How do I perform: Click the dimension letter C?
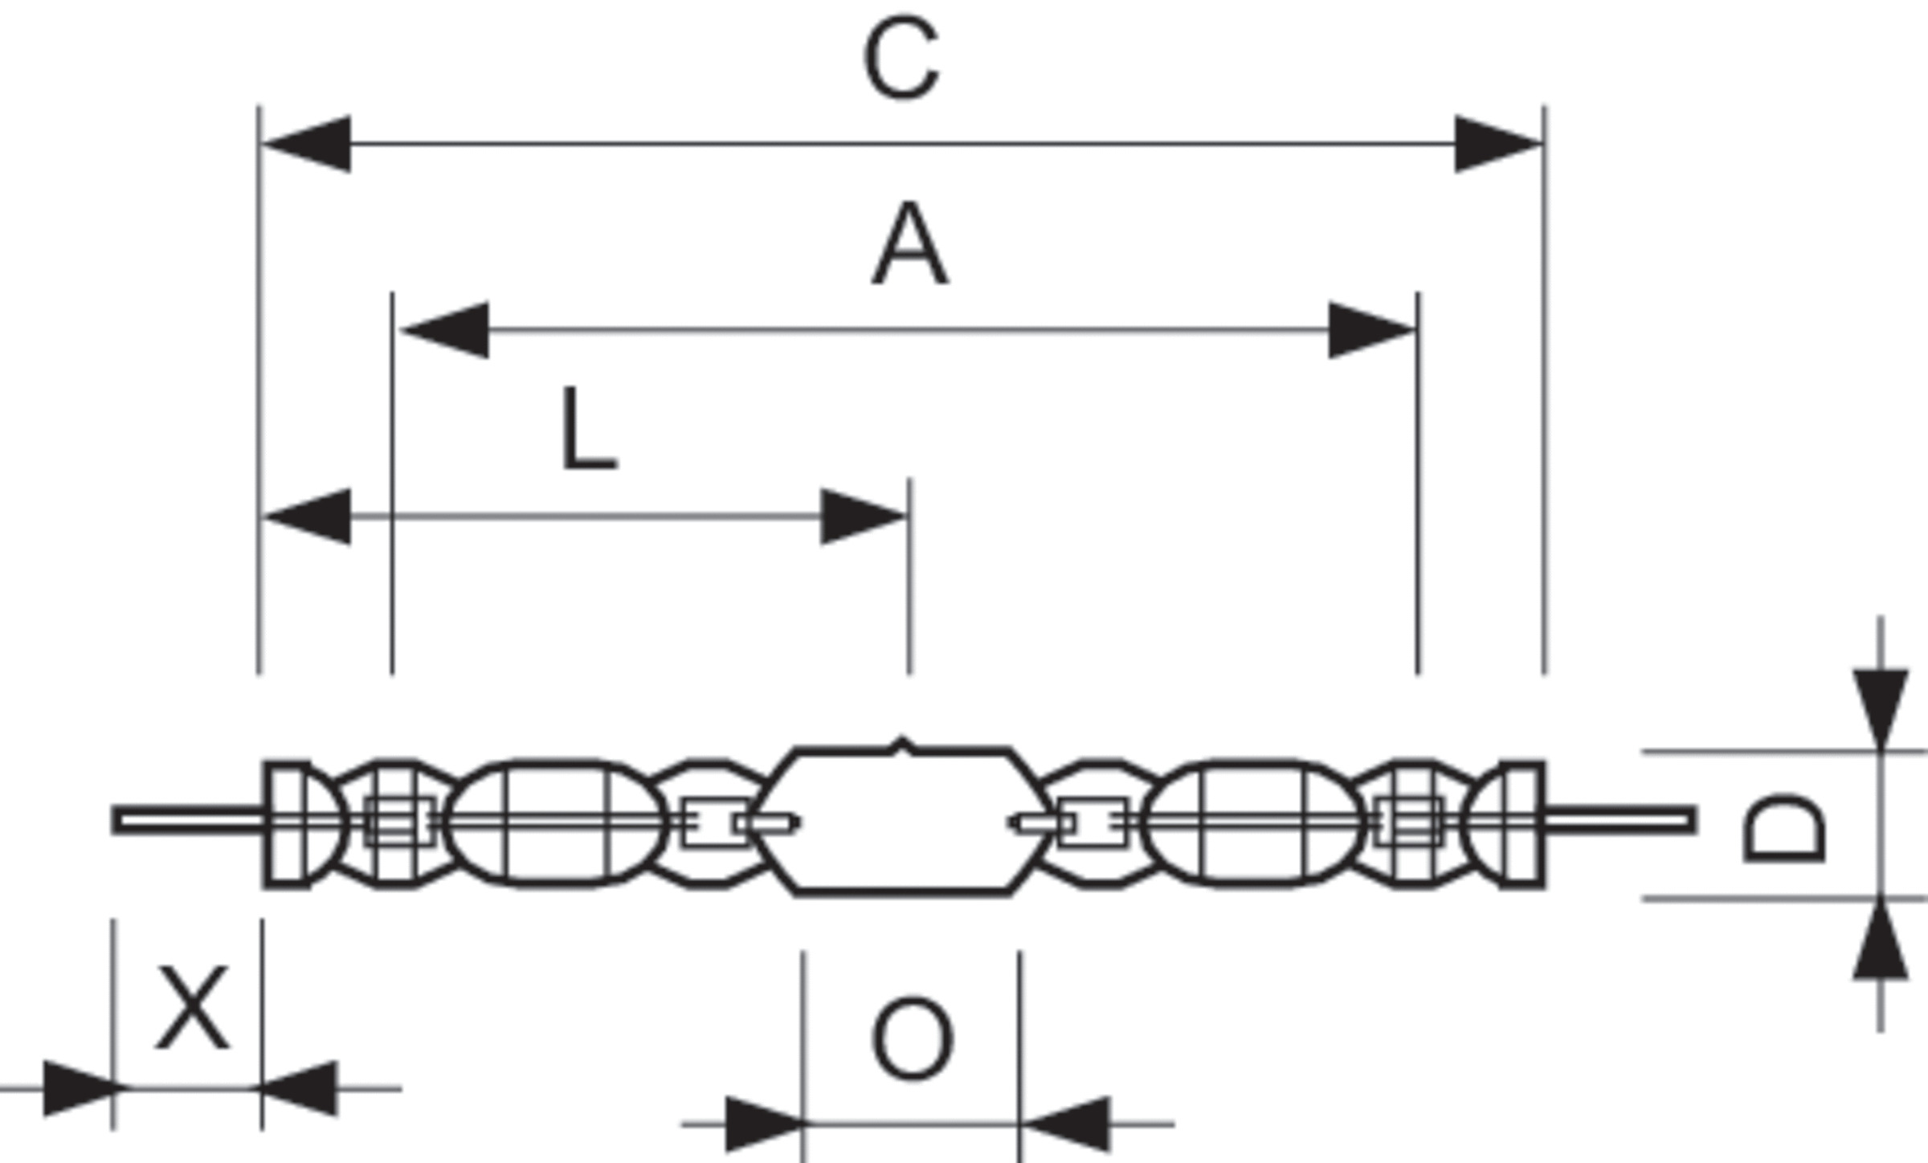point(901,58)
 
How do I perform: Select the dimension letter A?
point(909,244)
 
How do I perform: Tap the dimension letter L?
point(588,430)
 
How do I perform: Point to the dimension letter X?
point(192,1008)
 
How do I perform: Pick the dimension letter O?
point(912,1039)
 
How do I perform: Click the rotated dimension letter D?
point(1784,828)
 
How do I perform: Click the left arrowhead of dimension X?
point(80,1088)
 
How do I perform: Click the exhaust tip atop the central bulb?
point(902,745)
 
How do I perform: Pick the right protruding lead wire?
point(1619,820)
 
